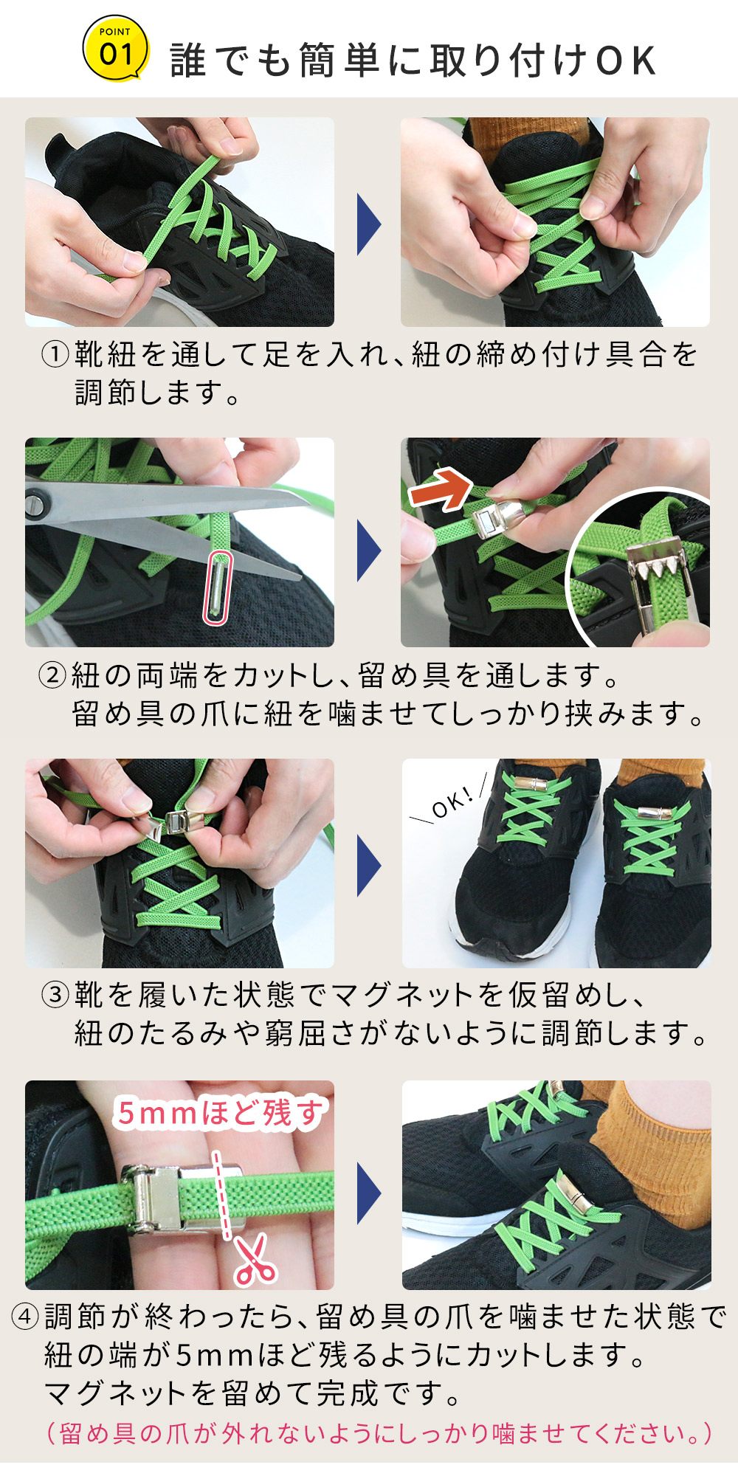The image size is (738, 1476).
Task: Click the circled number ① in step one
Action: [x=55, y=355]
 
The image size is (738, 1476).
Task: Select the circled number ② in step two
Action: [x=52, y=675]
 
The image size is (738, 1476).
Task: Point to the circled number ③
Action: [x=55, y=995]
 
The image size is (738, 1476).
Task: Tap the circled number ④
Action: [x=26, y=1317]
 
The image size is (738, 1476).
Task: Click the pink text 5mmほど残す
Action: [x=220, y=1113]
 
